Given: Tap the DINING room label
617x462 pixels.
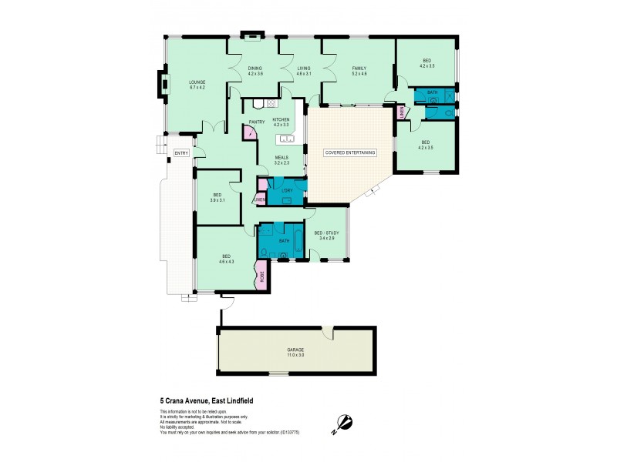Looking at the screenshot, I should [255, 71].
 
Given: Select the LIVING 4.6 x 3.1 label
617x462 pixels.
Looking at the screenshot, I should [304, 71].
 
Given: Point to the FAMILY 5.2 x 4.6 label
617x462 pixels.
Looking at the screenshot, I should [359, 71].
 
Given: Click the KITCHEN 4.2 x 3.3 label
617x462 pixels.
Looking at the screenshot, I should [281, 122].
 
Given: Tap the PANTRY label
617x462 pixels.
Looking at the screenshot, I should [257, 122].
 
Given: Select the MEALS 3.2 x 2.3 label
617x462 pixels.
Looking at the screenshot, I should [282, 160].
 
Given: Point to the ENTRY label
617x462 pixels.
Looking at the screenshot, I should [181, 153].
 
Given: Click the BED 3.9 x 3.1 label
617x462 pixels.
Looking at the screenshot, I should [217, 198].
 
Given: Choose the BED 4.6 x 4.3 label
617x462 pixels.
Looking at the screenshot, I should [226, 259].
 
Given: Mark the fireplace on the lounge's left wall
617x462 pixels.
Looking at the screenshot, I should [162, 83].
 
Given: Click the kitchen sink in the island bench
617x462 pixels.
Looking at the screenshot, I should [287, 139].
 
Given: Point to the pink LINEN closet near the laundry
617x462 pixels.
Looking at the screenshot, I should [260, 200].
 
